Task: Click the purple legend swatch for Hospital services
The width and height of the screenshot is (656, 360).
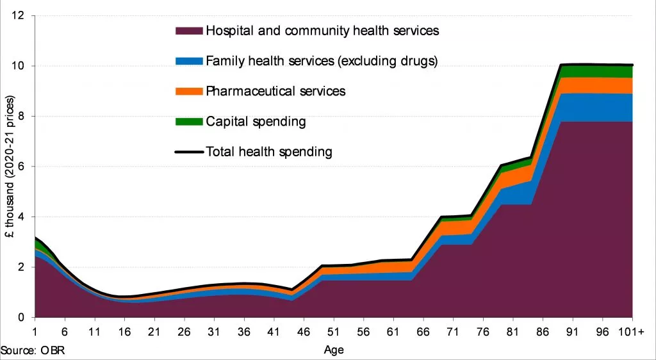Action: coord(188,31)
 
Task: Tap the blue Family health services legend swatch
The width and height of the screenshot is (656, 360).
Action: coord(188,61)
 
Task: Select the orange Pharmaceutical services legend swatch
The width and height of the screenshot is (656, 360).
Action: coord(188,91)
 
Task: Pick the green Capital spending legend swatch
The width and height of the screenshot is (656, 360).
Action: coord(188,122)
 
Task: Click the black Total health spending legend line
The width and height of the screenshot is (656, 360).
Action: coord(188,152)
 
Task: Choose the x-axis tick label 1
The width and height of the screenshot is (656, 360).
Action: coord(35,332)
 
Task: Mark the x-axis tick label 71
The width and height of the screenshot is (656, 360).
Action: coord(452,332)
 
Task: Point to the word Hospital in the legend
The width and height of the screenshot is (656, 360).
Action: coord(227,31)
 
